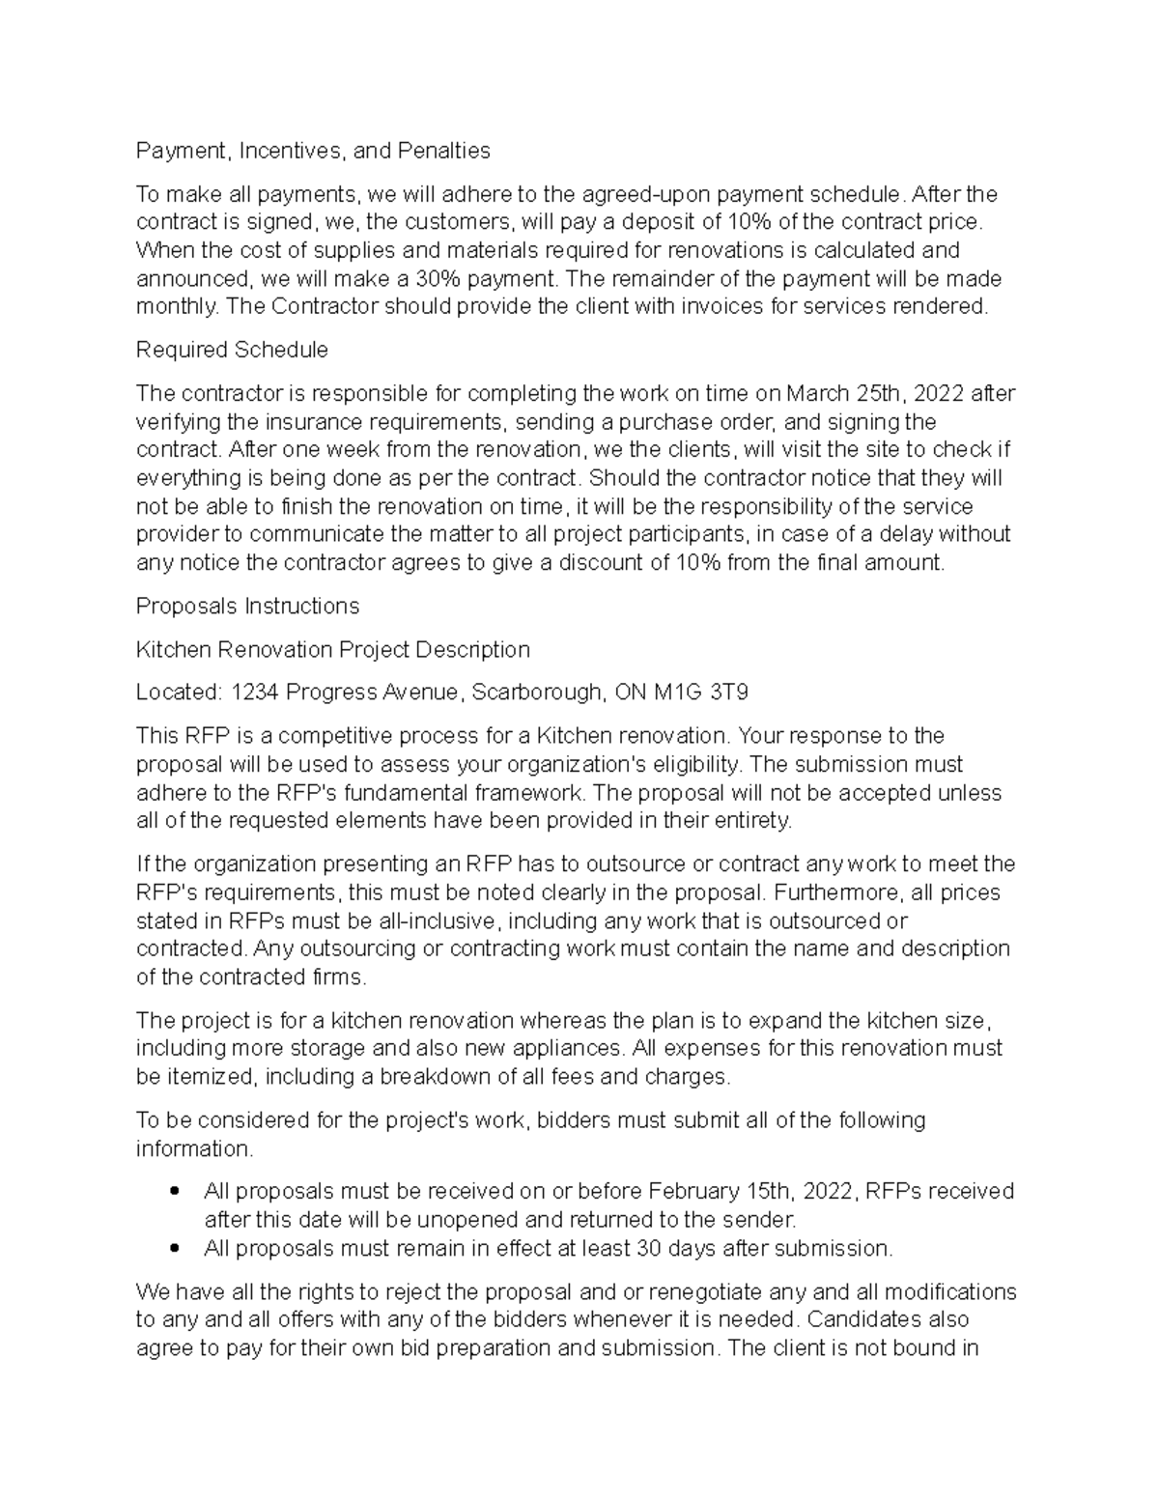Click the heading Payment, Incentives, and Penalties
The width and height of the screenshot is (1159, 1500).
pyautogui.click(x=313, y=151)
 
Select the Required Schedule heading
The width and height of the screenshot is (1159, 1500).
pyautogui.click(x=232, y=350)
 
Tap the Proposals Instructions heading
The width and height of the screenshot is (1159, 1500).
pyautogui.click(x=247, y=606)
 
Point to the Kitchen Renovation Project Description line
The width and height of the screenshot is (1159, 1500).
pyautogui.click(x=332, y=649)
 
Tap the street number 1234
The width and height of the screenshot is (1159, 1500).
pyautogui.click(x=256, y=693)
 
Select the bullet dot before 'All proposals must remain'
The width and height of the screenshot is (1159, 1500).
pyautogui.click(x=175, y=1249)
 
